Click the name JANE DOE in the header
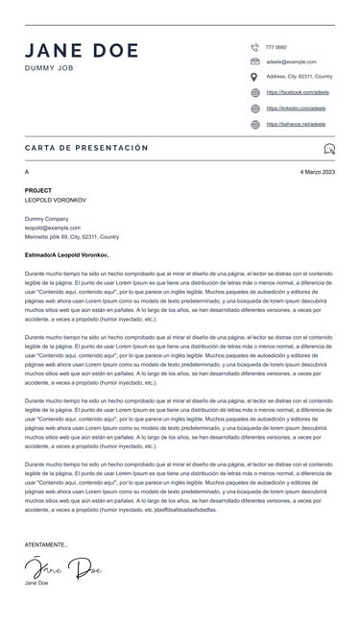coord(82,51)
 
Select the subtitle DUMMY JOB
coord(49,69)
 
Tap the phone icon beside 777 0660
coord(254,46)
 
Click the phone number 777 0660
coord(276,47)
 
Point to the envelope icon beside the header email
coord(254,61)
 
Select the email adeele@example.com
coord(291,61)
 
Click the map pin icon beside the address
coord(254,77)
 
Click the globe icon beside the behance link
coord(254,124)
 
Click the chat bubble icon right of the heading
coord(329,149)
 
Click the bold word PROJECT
coord(38,191)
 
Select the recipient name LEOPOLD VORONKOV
coord(59,201)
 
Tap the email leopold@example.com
coord(53,228)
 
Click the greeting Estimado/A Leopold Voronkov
coord(67,255)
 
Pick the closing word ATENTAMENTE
coord(46,544)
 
